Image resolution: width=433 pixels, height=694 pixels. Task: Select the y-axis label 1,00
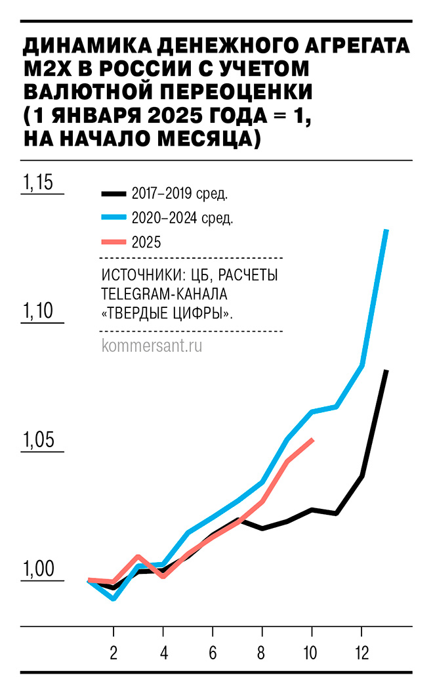pos(38,569)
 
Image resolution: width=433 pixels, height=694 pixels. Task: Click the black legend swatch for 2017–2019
pos(113,194)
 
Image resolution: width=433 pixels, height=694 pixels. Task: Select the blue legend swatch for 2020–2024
pos(113,218)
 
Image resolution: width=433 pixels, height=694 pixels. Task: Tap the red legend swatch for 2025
pos(113,242)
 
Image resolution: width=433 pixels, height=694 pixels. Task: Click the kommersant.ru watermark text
pos(152,345)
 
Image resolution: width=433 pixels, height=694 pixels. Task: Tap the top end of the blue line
pos(387,230)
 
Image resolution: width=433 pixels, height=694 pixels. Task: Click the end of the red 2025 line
pos(313,439)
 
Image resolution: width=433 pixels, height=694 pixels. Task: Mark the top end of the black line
pos(387,371)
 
